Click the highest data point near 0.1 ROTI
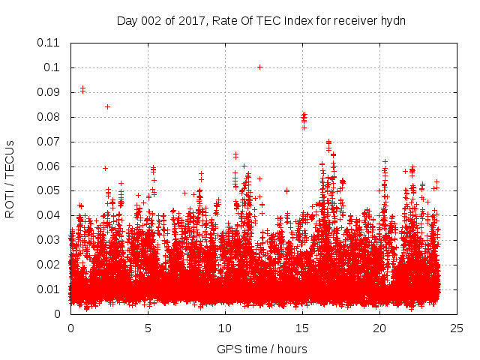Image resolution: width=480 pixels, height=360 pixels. click(x=259, y=67)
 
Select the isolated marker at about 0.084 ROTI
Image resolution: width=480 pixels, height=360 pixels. click(x=107, y=106)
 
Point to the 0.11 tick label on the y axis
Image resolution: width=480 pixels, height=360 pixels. click(x=49, y=43)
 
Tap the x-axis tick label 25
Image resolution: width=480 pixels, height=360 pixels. click(x=457, y=328)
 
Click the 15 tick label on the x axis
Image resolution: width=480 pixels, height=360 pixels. click(x=302, y=328)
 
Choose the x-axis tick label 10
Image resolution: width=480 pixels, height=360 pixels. click(x=225, y=328)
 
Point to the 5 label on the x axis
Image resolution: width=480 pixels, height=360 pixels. click(x=148, y=328)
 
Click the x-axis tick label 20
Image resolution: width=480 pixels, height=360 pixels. click(x=379, y=328)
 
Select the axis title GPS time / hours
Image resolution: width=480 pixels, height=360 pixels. click(x=262, y=349)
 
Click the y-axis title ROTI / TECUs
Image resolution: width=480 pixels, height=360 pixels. click(x=10, y=178)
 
